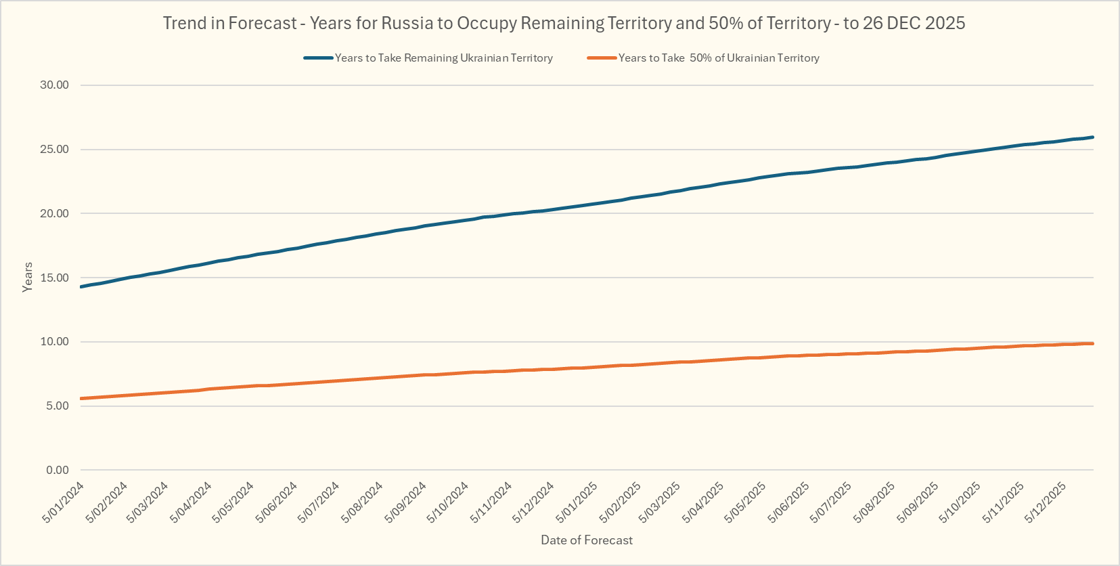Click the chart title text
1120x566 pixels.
[564, 23]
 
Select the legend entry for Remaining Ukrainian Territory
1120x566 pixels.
[443, 58]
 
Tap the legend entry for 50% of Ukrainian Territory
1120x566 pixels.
[719, 58]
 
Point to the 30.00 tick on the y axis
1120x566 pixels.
[55, 85]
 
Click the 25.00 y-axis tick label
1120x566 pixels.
[55, 150]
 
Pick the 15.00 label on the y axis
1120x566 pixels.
[55, 278]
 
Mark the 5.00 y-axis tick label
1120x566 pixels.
[58, 406]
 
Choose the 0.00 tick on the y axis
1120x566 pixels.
[58, 470]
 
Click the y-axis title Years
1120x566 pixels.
[28, 277]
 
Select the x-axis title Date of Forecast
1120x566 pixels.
[587, 540]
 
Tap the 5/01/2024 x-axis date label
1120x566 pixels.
[64, 502]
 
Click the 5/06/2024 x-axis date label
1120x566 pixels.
[277, 502]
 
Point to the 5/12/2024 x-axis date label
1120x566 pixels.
[533, 502]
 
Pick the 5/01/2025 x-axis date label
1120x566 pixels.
[577, 502]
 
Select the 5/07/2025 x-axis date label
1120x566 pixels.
[831, 502]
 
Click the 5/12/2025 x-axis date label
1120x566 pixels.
[1046, 502]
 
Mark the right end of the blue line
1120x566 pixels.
[1092, 137]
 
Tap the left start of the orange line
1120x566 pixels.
[82, 399]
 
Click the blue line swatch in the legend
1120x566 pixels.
[318, 58]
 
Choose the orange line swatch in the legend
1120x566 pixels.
[602, 58]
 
